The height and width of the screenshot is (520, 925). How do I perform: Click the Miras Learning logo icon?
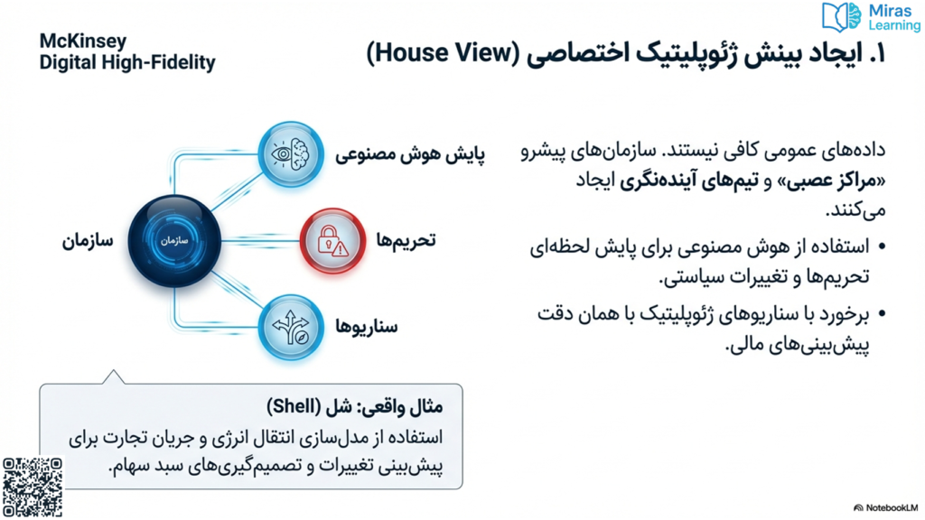(x=841, y=17)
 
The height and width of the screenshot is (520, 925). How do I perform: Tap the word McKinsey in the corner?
(x=82, y=42)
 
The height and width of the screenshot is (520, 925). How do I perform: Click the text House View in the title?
(x=442, y=53)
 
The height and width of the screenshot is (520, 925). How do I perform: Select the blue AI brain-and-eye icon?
(x=291, y=154)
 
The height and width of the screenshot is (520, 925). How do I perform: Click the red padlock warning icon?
(x=332, y=240)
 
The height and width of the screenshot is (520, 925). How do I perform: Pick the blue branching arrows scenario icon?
(x=291, y=327)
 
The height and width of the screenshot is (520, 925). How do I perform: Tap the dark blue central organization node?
(x=174, y=240)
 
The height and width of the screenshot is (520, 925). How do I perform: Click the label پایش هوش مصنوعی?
(x=410, y=155)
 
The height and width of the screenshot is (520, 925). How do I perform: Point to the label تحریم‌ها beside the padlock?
(x=406, y=240)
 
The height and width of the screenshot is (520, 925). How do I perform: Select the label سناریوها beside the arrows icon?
(x=367, y=327)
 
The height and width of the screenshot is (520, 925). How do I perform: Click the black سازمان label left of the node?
(x=88, y=241)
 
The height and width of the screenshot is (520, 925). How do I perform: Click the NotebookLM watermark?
(x=887, y=507)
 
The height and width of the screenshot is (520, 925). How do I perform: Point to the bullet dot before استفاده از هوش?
(x=882, y=246)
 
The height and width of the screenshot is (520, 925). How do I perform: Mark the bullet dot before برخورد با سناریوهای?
(x=882, y=314)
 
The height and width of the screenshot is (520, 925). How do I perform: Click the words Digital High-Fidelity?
(x=127, y=62)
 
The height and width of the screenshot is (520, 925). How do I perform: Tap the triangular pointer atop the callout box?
(x=113, y=377)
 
